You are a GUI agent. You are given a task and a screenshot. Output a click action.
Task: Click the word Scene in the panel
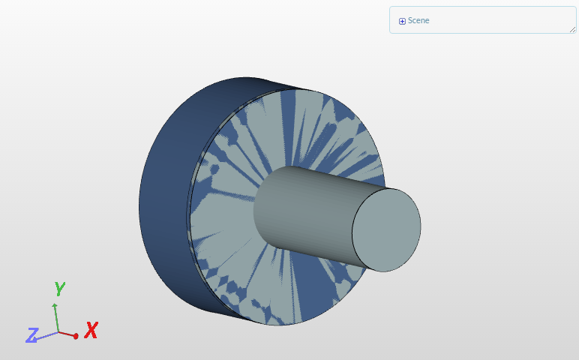418,21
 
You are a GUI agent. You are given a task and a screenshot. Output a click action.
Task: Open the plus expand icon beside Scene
402,21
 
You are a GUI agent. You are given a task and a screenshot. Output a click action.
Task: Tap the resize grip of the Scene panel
572,29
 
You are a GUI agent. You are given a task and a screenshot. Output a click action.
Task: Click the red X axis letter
91,330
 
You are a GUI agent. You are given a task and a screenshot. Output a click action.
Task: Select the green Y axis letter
59,288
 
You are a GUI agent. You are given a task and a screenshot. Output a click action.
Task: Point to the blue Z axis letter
32,334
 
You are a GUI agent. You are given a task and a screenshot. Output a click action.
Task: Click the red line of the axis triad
67,334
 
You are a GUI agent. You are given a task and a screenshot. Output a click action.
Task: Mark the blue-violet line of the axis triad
47,336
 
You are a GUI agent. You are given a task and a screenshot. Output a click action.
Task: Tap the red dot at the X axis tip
76,336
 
